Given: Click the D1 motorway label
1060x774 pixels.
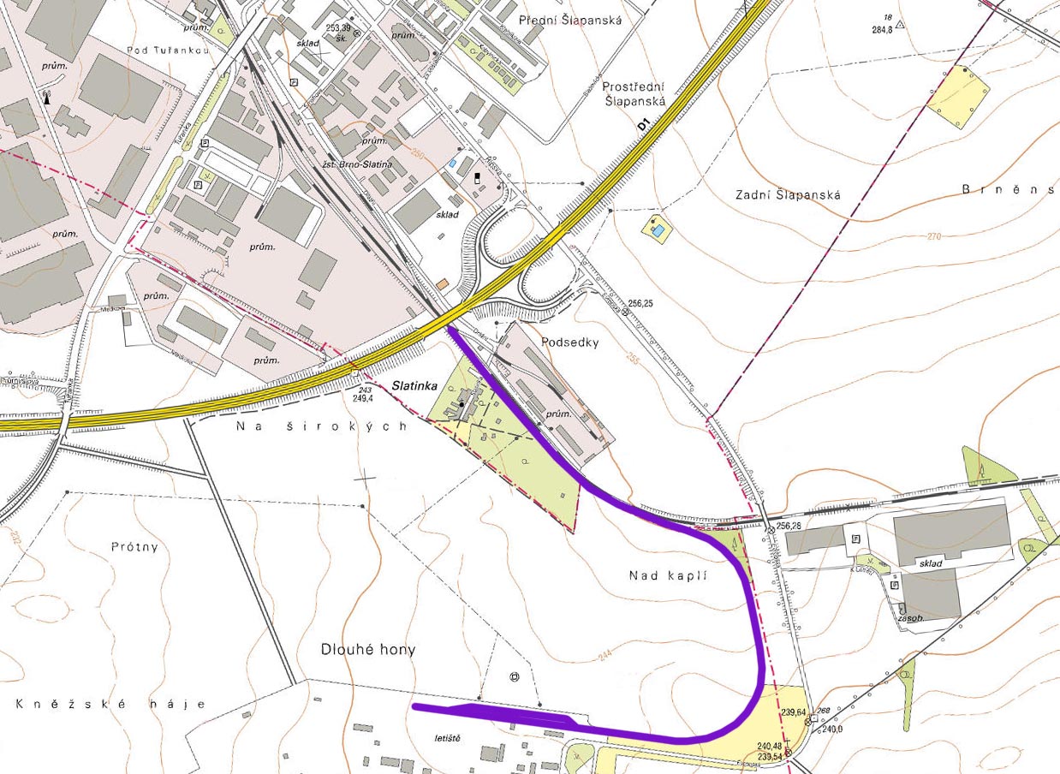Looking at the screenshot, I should click(x=644, y=125).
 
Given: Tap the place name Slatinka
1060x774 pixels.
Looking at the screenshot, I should click(x=415, y=386).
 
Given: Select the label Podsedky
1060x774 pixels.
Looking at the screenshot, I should click(x=570, y=342).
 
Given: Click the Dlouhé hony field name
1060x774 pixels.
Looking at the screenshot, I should click(x=368, y=650).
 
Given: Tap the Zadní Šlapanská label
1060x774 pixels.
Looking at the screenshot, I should click(x=788, y=195).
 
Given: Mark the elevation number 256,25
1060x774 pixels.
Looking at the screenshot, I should click(x=646, y=304).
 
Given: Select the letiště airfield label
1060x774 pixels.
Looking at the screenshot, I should click(x=447, y=737).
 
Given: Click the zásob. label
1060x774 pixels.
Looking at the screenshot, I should click(x=909, y=617).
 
